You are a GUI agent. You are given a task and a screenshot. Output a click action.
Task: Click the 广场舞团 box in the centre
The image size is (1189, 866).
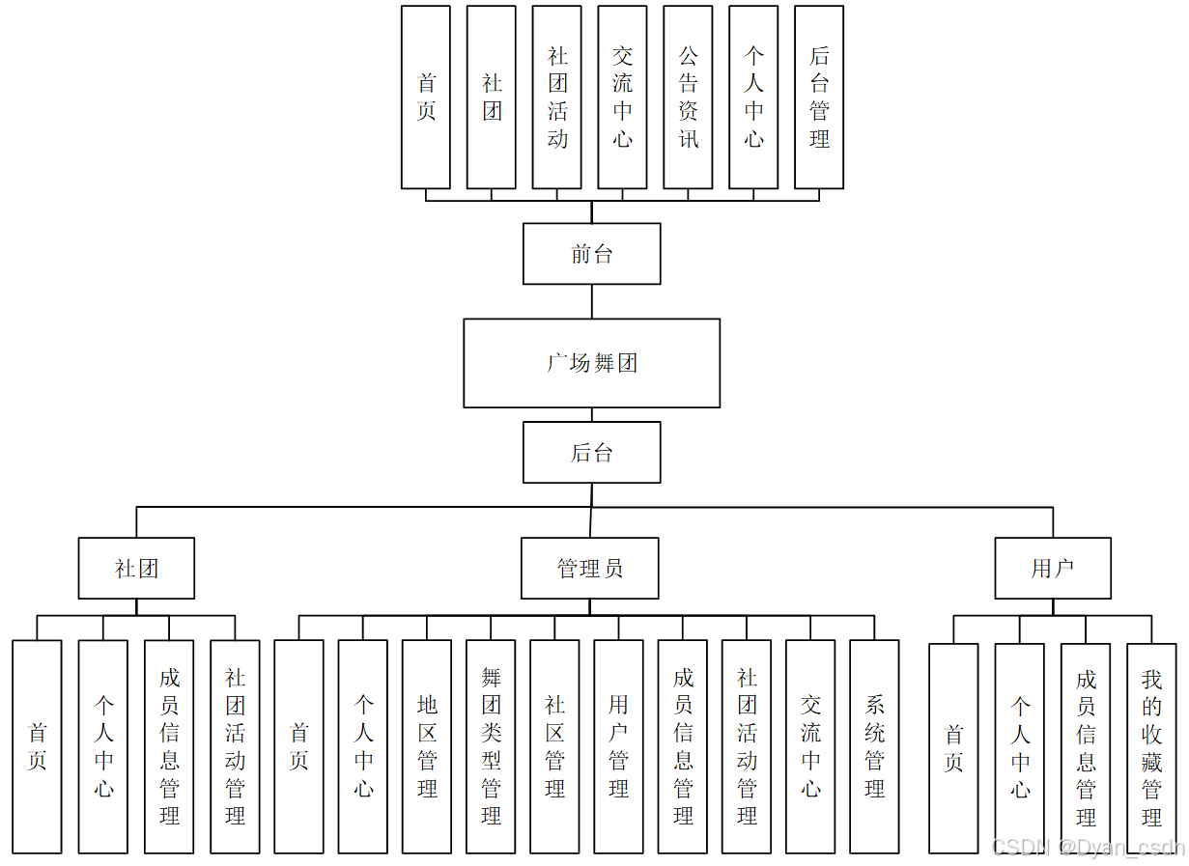point(591,363)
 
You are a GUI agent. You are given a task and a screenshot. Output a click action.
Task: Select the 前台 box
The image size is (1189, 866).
point(591,254)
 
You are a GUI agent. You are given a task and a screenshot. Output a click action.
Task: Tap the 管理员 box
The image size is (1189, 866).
point(589,569)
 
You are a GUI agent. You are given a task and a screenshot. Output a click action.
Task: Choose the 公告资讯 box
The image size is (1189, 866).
point(688,98)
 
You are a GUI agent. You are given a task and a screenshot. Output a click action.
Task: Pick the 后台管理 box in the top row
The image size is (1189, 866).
point(819,98)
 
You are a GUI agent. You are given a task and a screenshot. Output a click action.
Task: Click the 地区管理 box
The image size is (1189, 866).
point(427,746)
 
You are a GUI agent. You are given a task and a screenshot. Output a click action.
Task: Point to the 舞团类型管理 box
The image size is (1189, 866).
point(491,746)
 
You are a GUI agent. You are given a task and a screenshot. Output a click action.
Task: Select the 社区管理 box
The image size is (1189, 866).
point(554,746)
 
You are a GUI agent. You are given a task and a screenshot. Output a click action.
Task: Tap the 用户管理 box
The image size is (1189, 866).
point(618,746)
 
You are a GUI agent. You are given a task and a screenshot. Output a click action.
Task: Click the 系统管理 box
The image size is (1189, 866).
point(874,746)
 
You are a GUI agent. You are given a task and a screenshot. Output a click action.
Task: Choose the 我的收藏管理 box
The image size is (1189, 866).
point(1151,748)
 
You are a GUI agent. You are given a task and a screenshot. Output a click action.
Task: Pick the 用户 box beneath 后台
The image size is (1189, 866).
point(1053,569)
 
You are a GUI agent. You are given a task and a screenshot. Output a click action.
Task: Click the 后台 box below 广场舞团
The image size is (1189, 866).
point(591,452)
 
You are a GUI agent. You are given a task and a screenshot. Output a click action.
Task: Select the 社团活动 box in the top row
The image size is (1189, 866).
point(556,98)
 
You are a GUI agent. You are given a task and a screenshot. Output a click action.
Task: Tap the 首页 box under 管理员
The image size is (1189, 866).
point(298,746)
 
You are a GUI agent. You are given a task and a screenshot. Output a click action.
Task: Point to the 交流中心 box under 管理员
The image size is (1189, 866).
point(810,746)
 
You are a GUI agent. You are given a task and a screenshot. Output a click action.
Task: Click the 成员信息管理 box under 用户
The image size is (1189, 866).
point(1086,748)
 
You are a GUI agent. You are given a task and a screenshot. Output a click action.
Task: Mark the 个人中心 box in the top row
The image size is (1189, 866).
point(753,98)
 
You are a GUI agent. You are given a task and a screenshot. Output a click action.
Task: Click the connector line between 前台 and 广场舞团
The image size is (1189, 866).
point(592,301)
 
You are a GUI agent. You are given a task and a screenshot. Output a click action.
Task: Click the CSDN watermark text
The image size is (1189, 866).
point(1088,847)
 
